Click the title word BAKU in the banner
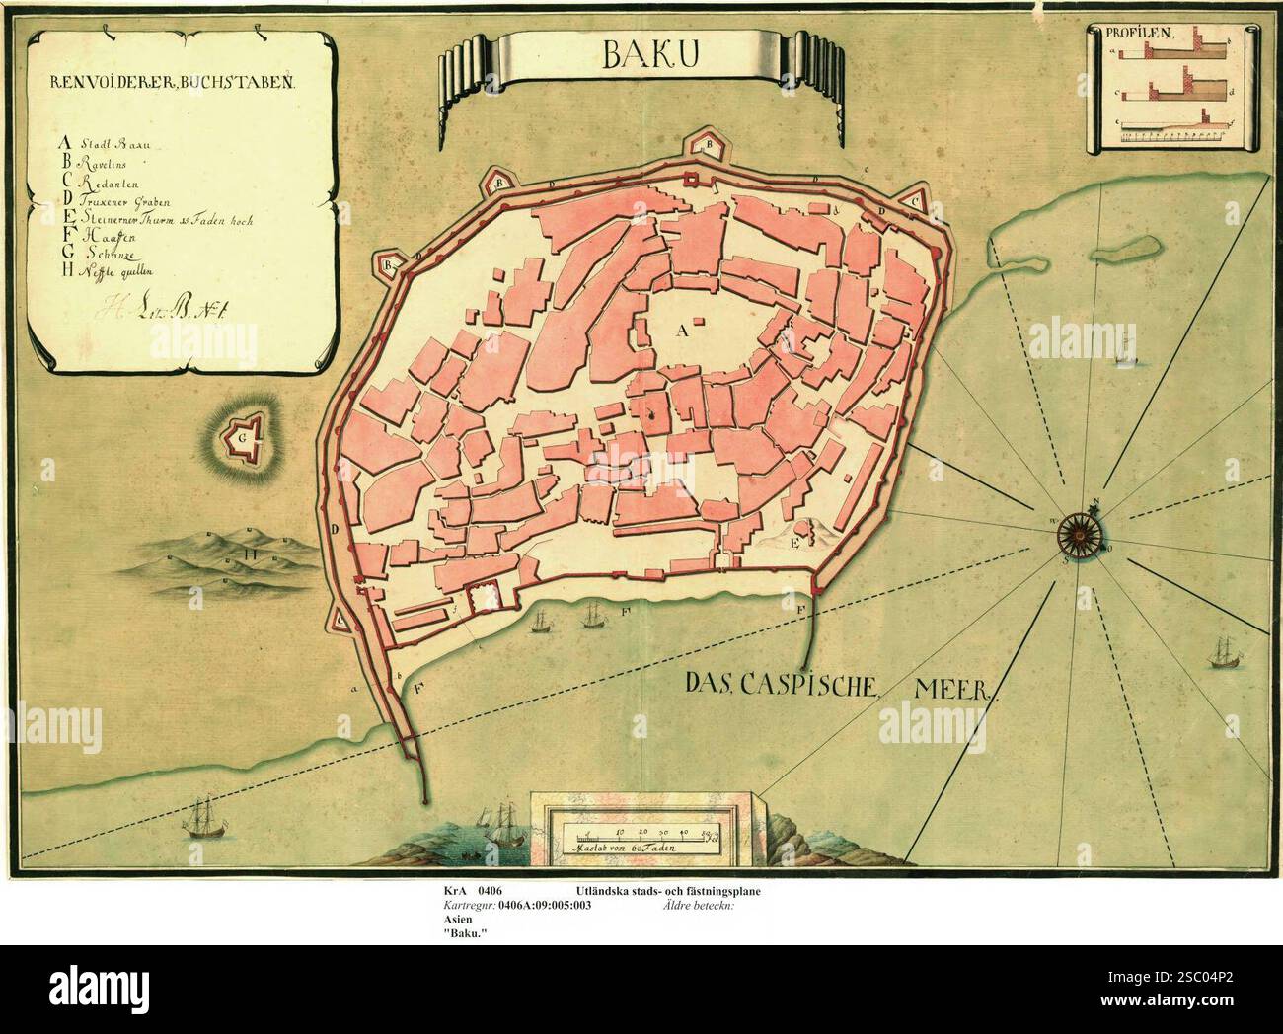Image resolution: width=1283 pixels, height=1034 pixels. click(641, 58)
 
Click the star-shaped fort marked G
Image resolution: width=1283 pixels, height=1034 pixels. click(240, 433)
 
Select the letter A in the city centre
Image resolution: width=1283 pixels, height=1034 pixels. click(679, 332)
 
